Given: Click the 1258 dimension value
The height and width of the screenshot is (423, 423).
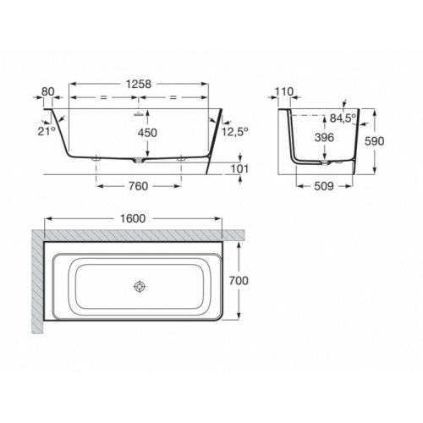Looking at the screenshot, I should (x=138, y=84).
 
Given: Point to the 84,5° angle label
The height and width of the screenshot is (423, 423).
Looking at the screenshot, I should (x=342, y=118).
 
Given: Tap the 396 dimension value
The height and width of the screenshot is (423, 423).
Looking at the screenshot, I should (x=323, y=137).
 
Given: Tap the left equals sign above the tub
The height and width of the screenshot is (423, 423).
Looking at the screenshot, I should (x=104, y=99).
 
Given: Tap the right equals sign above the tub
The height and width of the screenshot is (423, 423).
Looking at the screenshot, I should (x=173, y=99).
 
